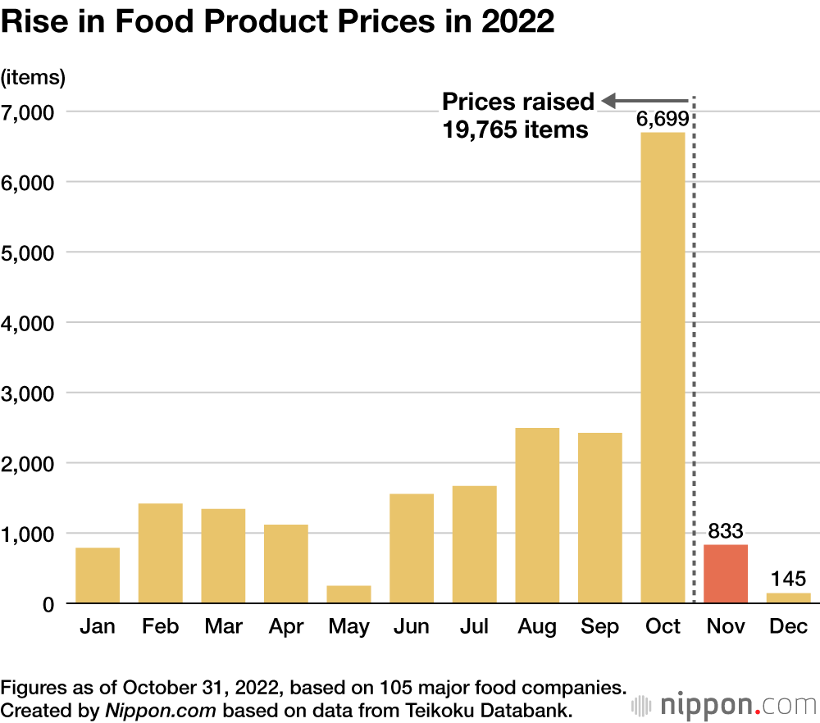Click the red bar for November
tap(726, 574)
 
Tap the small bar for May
tap(348, 594)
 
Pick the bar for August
tap(537, 516)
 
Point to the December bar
tap(788, 598)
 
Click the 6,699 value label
tap(663, 120)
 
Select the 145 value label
tap(788, 579)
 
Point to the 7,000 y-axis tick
tap(30, 111)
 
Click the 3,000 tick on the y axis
tap(30, 393)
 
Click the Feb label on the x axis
tap(160, 627)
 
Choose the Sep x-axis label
tap(599, 627)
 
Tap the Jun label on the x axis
tap(411, 627)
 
